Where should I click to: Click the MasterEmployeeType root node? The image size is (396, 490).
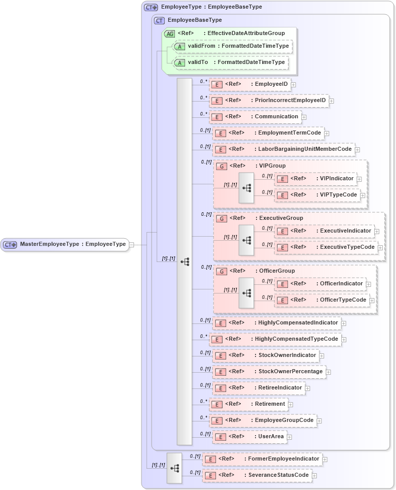(64, 244)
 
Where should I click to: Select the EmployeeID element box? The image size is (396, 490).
(250, 84)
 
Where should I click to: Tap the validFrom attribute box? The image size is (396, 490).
(233, 46)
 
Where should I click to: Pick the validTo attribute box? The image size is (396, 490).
(231, 62)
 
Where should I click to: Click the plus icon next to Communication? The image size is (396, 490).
(304, 117)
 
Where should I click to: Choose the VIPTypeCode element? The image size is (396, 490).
(317, 195)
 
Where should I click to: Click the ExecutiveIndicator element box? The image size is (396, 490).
(325, 231)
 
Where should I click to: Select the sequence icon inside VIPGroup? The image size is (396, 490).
(246, 188)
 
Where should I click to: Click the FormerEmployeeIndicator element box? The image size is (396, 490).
(262, 459)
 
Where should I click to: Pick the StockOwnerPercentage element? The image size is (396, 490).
(269, 372)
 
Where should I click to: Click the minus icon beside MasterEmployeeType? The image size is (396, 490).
(132, 245)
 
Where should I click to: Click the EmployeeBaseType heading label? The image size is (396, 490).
(195, 20)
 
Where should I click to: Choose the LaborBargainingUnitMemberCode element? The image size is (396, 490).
(283, 149)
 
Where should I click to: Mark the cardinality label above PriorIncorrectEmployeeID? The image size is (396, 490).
(203, 97)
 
